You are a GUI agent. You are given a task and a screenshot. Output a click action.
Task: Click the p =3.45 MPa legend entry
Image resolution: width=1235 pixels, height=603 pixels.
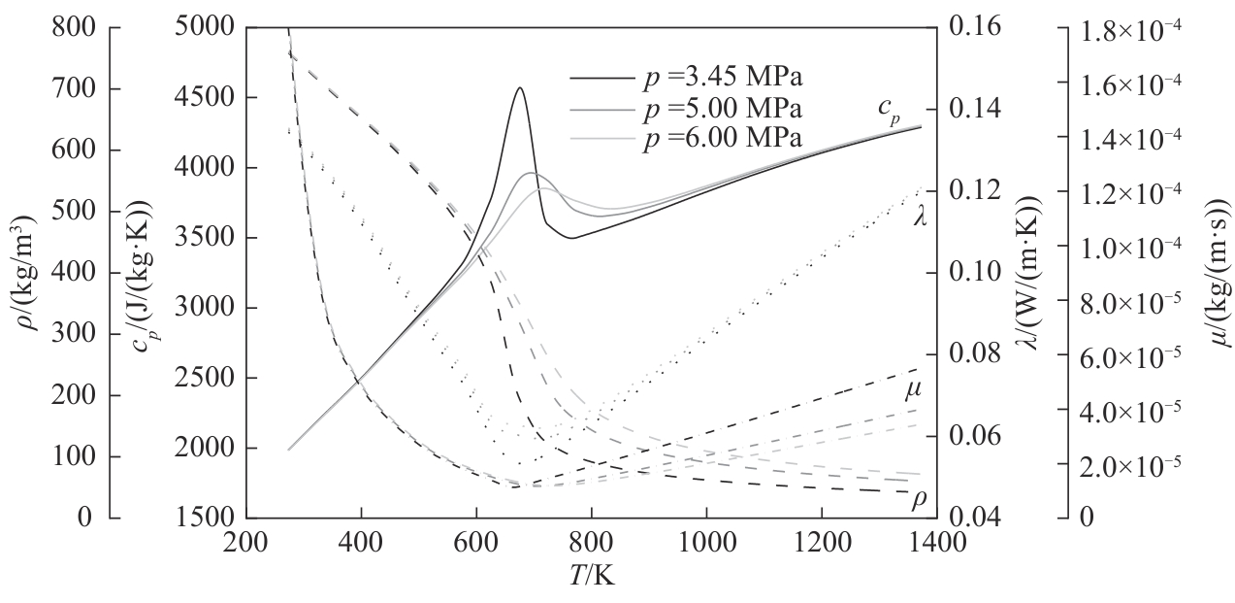724,76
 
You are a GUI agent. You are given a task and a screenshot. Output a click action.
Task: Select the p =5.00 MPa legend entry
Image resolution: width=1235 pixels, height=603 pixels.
724,106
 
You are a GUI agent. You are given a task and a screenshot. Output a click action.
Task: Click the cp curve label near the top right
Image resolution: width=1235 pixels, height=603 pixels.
891,113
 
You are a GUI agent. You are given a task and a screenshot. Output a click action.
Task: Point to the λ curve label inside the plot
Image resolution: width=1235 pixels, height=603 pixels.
920,218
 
